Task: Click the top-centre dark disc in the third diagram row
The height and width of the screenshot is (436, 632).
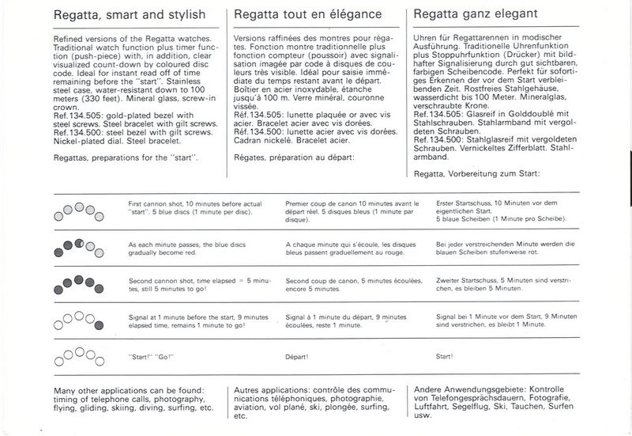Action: click(x=77, y=278)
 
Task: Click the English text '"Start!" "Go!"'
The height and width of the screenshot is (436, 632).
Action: click(x=151, y=357)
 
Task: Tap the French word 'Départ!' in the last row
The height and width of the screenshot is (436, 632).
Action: click(x=298, y=357)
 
